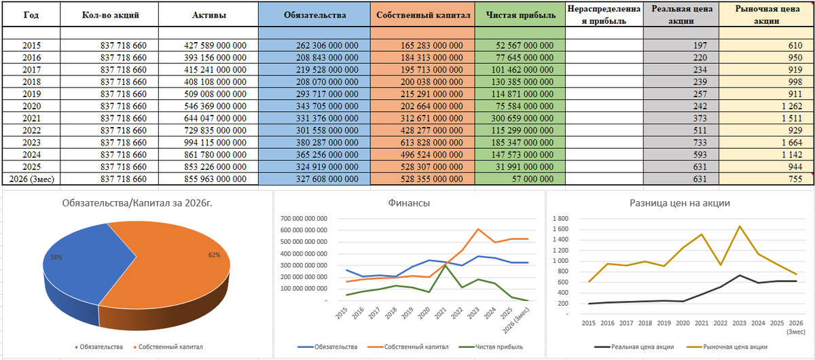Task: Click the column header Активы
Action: pos(209,15)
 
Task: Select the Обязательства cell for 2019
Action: pos(314,94)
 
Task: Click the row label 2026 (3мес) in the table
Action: pos(32,179)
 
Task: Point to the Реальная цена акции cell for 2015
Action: pos(681,46)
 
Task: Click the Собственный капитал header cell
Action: pos(422,15)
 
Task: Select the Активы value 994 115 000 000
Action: pos(215,143)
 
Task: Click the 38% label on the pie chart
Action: pos(56,257)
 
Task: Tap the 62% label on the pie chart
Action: pos(215,255)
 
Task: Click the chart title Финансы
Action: pos(409,202)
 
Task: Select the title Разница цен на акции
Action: pos(680,202)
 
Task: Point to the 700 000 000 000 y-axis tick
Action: pos(304,219)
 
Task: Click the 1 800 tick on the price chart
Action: pos(560,219)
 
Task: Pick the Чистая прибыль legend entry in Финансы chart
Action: pos(490,347)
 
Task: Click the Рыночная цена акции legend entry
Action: pos(727,347)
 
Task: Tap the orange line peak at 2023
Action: pos(477,229)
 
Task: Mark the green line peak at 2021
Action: pos(445,266)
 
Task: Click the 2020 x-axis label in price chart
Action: pos(683,323)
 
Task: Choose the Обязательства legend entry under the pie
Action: pos(99,347)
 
